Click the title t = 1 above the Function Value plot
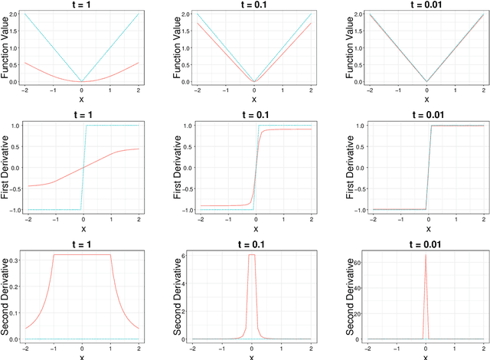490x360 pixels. [x=82, y=5]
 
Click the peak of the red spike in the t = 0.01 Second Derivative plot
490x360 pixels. [x=425, y=254]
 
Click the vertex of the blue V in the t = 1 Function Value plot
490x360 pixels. [x=82, y=81]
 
